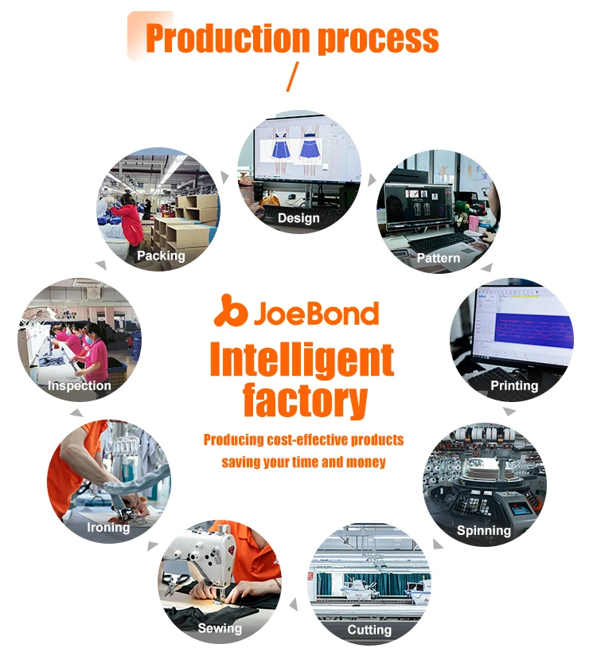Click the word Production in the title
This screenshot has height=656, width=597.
[227, 38]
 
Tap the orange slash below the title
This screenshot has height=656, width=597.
[291, 77]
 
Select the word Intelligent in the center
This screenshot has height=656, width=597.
[302, 360]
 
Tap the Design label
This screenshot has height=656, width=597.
[298, 218]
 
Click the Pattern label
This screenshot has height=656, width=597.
[439, 258]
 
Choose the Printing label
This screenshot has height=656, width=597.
[514, 385]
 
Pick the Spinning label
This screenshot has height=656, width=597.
[484, 530]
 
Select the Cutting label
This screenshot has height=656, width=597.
[369, 630]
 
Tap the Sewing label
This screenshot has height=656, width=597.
[220, 628]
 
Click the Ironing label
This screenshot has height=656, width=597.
[108, 527]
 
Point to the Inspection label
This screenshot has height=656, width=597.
[79, 385]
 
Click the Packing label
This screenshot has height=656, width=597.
[161, 256]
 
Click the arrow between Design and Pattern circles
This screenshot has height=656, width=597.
[372, 181]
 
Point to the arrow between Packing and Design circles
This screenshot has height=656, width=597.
[226, 176]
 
